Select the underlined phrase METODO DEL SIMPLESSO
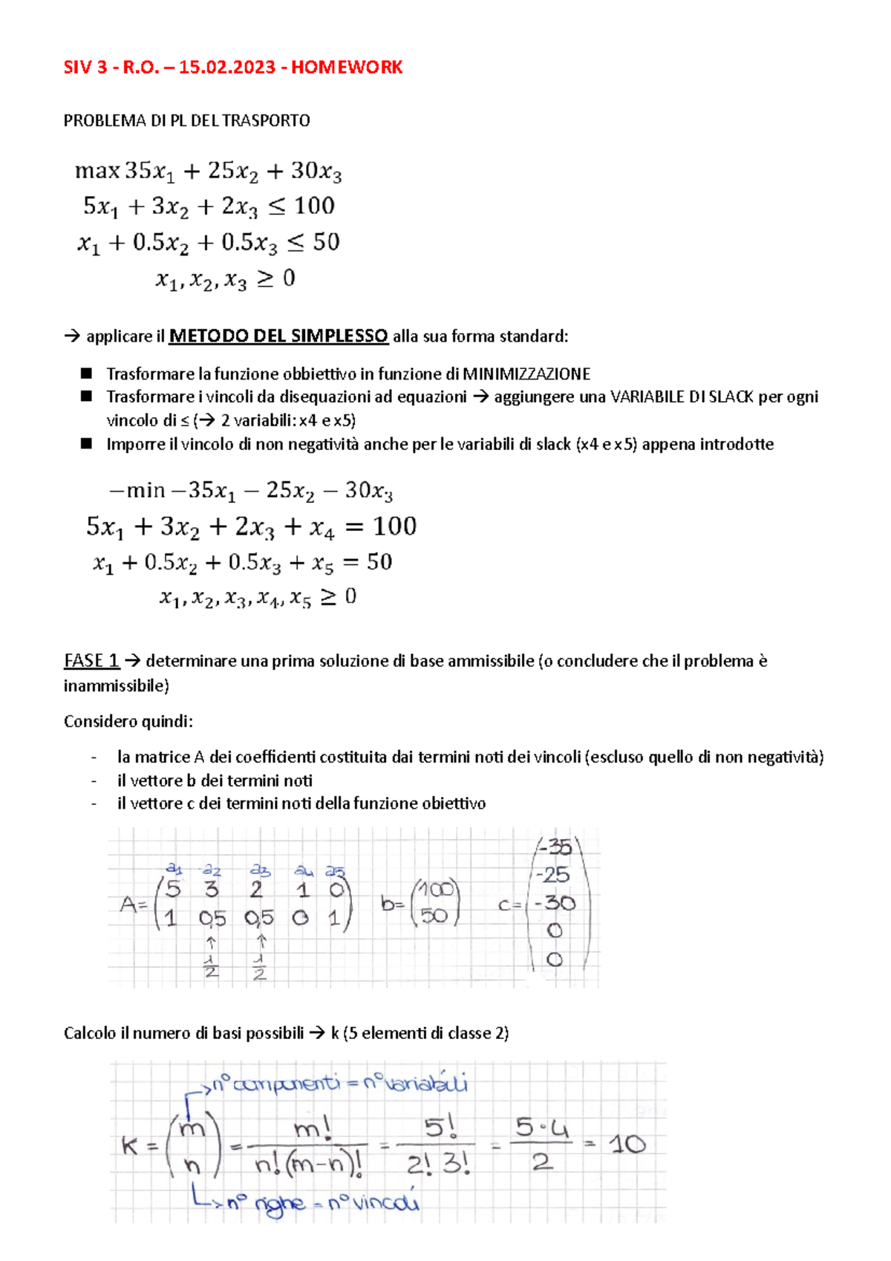click(x=278, y=336)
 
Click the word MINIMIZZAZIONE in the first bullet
click(x=526, y=374)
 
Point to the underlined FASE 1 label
click(x=91, y=661)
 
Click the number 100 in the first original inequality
click(x=314, y=206)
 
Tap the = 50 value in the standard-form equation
click(x=368, y=562)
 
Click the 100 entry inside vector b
click(x=436, y=890)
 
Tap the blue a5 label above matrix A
click(x=335, y=871)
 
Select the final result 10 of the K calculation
click(x=627, y=1144)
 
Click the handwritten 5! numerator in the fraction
click(x=440, y=1129)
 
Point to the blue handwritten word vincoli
click(x=385, y=1201)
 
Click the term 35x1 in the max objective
click(x=149, y=171)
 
